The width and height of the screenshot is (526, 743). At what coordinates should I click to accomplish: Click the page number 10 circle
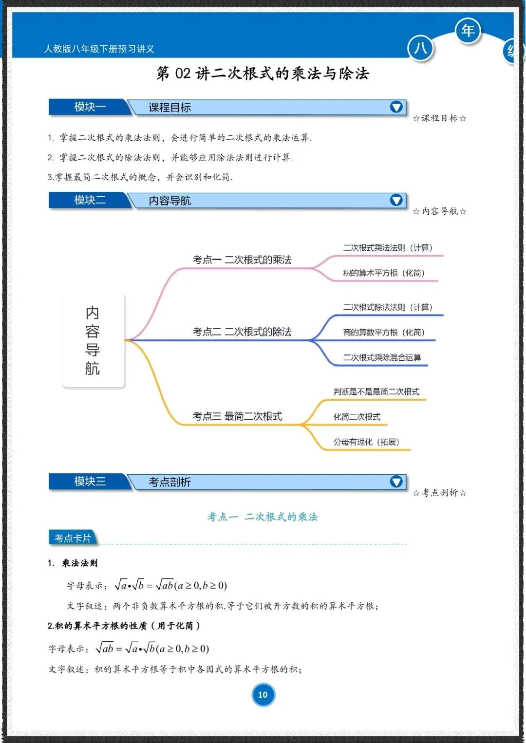click(x=263, y=695)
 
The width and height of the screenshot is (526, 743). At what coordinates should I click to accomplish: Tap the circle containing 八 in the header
click(x=420, y=48)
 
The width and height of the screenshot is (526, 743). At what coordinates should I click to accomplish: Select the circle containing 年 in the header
click(x=468, y=31)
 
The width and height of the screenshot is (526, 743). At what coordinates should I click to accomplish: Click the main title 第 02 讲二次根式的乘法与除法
click(x=263, y=74)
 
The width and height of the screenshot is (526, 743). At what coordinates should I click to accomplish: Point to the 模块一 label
click(x=90, y=107)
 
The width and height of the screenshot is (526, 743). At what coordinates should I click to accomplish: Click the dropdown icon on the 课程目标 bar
click(x=396, y=107)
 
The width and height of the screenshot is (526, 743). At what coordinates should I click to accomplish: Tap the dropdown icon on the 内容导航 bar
click(x=396, y=200)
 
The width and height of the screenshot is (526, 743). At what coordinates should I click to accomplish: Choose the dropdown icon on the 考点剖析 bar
click(x=396, y=482)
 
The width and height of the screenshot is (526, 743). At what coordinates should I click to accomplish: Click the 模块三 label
click(x=90, y=482)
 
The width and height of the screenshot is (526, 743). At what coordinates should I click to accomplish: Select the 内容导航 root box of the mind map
click(x=93, y=340)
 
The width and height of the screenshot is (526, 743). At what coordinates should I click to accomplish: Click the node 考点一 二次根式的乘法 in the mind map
click(x=242, y=260)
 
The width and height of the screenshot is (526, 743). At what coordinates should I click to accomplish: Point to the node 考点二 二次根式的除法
click(x=242, y=332)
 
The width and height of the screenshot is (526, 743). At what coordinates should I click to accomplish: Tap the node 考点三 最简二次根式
click(x=237, y=416)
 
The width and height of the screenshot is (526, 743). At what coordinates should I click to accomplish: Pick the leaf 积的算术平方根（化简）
click(x=384, y=273)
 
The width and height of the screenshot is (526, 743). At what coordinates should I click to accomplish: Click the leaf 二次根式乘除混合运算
click(x=382, y=357)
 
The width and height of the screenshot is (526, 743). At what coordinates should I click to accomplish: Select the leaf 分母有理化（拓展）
click(x=366, y=442)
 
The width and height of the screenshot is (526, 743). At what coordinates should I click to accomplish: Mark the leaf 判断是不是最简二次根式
click(x=376, y=392)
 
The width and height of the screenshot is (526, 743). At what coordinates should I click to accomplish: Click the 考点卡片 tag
click(x=73, y=538)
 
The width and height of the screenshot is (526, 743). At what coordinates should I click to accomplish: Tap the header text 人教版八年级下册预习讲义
click(x=99, y=49)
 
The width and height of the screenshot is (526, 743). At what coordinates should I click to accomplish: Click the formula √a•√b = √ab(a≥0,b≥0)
click(x=170, y=585)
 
